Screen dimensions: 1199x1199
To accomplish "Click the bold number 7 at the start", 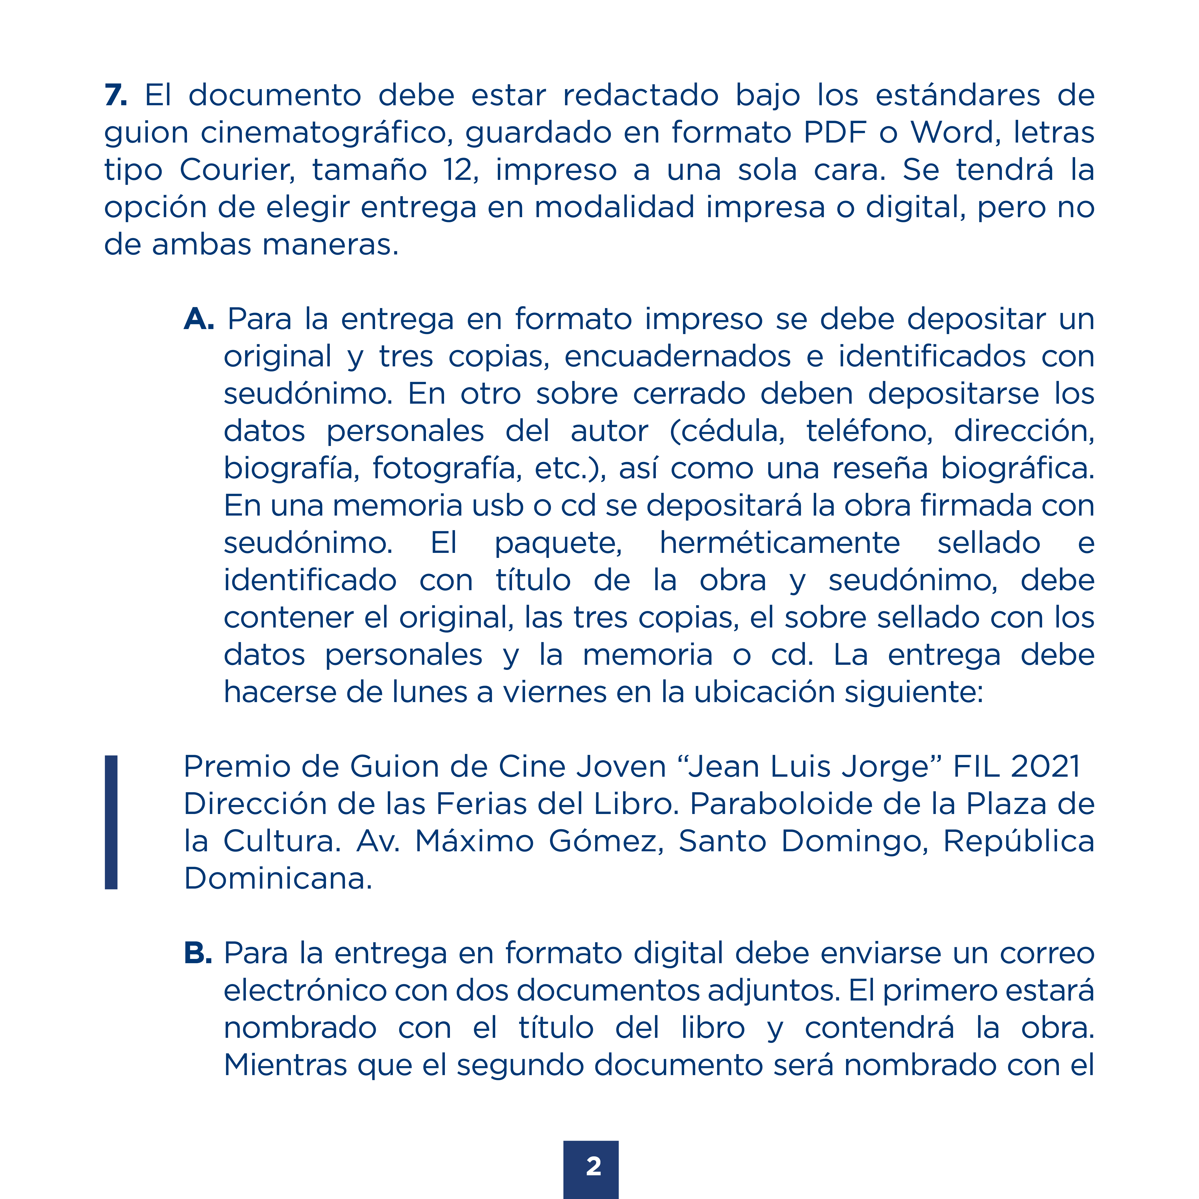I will pyautogui.click(x=115, y=96).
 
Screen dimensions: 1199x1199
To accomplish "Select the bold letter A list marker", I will pyautogui.click(x=199, y=320).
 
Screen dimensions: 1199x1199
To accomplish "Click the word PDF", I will pyautogui.click(x=835, y=133).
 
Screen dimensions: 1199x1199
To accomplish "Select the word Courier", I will pyautogui.click(x=237, y=170).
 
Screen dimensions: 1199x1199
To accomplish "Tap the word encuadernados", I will pyautogui.click(x=678, y=357).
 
